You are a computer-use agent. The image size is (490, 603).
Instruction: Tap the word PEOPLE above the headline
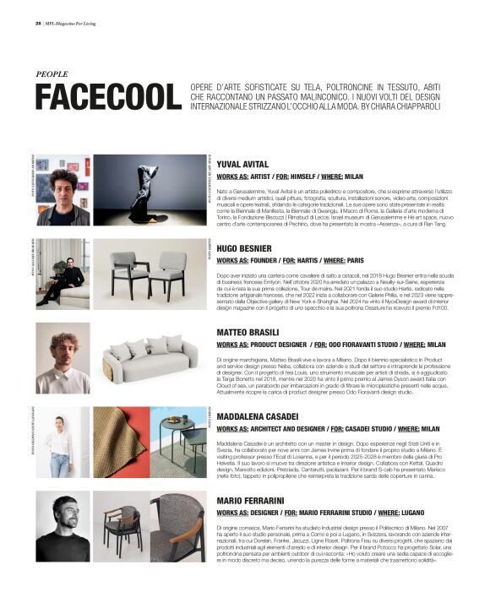pyautogui.click(x=52, y=74)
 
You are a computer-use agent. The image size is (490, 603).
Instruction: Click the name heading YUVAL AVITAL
pyautogui.click(x=242, y=164)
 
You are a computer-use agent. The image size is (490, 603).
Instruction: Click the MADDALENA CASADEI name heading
pyautogui.click(x=257, y=417)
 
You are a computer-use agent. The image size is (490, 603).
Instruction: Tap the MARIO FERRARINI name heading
pyautogui.click(x=253, y=501)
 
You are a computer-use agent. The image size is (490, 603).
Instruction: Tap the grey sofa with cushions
pyautogui.click(x=150, y=358)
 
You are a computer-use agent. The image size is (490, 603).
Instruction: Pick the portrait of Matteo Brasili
pyautogui.click(x=63, y=358)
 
